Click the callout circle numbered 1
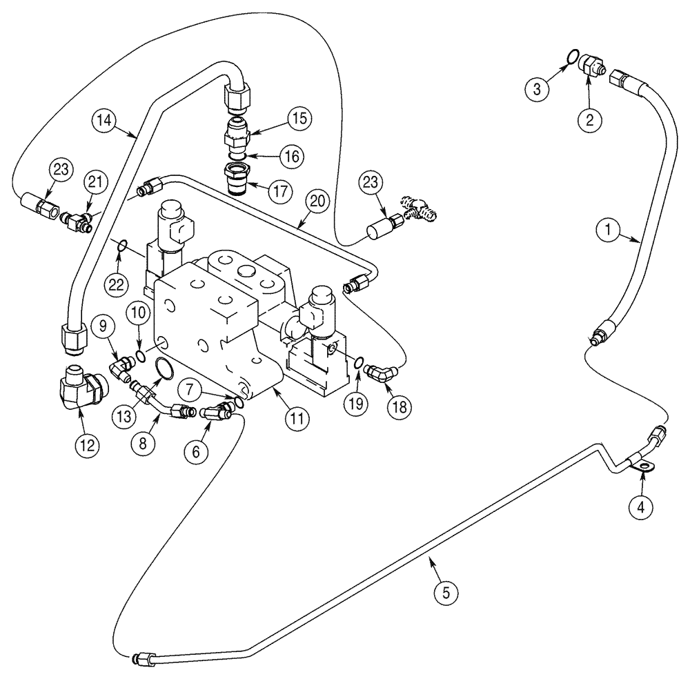(x=608, y=233)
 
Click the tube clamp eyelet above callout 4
(x=645, y=469)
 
